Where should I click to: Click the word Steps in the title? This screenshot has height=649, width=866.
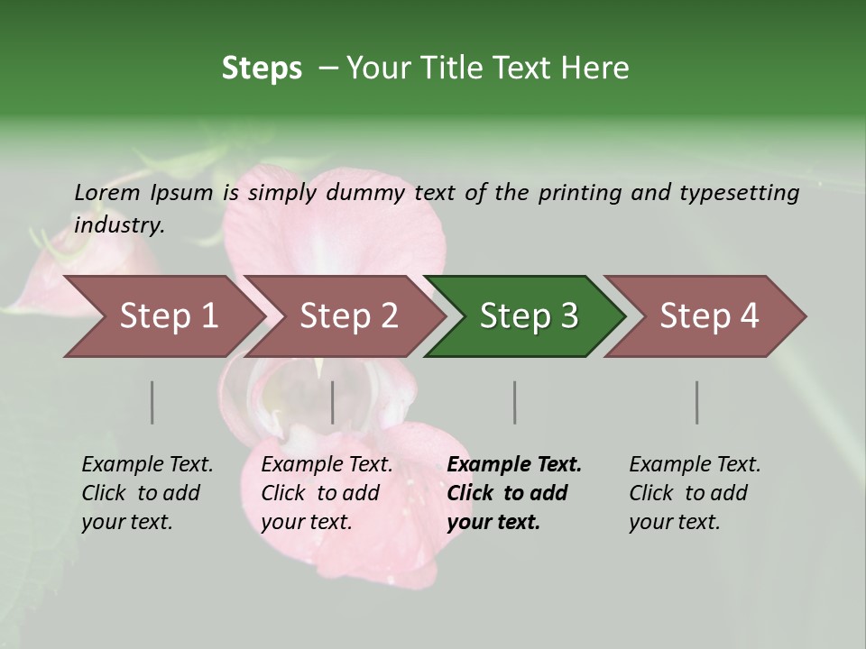pyautogui.click(x=262, y=69)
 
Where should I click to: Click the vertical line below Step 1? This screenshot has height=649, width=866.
pyautogui.click(x=152, y=402)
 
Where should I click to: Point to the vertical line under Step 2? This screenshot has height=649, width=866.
pyautogui.click(x=333, y=402)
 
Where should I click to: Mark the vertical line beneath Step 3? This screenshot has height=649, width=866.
pyautogui.click(x=514, y=402)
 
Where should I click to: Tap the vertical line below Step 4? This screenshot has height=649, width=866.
pyautogui.click(x=697, y=402)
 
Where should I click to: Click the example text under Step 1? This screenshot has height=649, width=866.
pyautogui.click(x=147, y=493)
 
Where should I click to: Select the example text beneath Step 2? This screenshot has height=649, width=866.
pyautogui.click(x=327, y=493)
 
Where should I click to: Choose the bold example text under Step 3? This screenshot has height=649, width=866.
pyautogui.click(x=514, y=493)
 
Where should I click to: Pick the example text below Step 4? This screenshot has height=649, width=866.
pyautogui.click(x=695, y=493)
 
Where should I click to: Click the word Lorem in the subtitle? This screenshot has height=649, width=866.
pyautogui.click(x=107, y=192)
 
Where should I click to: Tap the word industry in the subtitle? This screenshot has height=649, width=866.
pyautogui.click(x=119, y=224)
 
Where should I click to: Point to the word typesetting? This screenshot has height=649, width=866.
pyautogui.click(x=739, y=193)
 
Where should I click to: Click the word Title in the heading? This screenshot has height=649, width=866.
pyautogui.click(x=465, y=69)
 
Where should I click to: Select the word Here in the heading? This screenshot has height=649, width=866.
pyautogui.click(x=598, y=69)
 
